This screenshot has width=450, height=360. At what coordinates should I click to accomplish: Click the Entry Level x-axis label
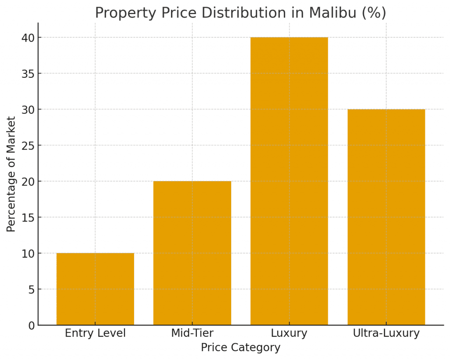[95, 333]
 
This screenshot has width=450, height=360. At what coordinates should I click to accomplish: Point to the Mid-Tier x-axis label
[192, 333]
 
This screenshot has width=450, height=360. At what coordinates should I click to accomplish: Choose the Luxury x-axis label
[289, 333]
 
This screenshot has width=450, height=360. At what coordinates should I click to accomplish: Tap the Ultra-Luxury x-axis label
[386, 333]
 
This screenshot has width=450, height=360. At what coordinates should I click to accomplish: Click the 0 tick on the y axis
[31, 325]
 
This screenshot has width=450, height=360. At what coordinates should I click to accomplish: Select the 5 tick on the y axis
[31, 289]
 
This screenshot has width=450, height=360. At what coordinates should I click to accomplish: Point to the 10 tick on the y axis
[28, 253]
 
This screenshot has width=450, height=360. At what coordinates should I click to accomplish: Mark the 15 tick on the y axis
[28, 217]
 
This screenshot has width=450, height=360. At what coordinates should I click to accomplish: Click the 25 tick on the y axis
[28, 145]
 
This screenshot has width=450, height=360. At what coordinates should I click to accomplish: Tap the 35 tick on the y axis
[28, 73]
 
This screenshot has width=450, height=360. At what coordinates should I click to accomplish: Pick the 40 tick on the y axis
[28, 37]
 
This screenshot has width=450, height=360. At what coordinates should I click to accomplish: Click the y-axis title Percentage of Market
[11, 174]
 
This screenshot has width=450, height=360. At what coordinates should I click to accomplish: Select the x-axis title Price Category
[240, 348]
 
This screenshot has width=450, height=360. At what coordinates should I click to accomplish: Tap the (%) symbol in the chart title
[374, 13]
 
